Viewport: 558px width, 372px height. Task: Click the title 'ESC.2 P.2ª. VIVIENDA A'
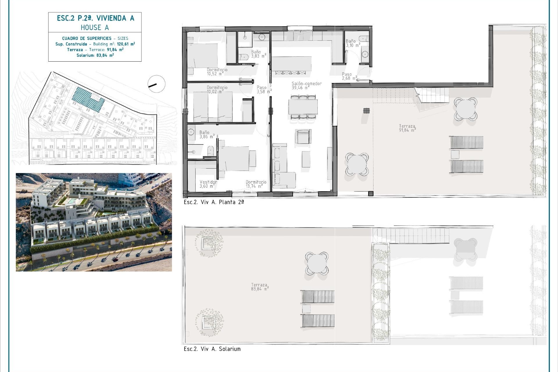pos(95,18)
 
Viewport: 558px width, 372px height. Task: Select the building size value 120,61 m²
pos(126,44)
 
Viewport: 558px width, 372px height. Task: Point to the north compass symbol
pos(156,84)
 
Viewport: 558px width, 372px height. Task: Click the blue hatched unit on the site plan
pos(88,99)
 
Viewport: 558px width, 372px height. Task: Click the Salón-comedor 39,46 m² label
pos(306,85)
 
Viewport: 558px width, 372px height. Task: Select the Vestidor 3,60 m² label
pos(208,184)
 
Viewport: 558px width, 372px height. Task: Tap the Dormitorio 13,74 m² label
pos(256,184)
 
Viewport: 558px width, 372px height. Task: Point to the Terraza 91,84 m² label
pos(407,128)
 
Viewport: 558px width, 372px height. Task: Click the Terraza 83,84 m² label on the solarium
pos(259,287)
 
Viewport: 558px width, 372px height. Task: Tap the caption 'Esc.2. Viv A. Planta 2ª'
pos(214,202)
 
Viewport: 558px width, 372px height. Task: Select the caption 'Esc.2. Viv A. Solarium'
pos(212,349)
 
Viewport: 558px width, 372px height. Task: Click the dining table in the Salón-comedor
pos(303,107)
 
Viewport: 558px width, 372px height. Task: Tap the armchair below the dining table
pos(303,137)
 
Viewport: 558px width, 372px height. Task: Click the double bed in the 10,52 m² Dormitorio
pos(202,56)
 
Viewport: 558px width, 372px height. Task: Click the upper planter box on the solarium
pos(208,243)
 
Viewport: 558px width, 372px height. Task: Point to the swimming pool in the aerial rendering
pos(71,201)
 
